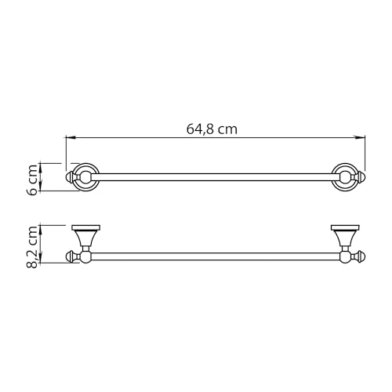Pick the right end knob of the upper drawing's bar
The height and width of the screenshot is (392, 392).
pos(361,177)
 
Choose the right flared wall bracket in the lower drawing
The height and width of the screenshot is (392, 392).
pos(343,235)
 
